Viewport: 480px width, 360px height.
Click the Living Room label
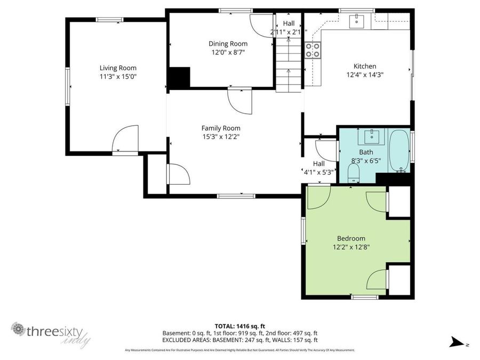(x=118, y=68)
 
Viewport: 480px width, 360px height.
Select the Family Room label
(x=220, y=128)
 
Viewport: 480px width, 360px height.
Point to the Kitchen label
(x=365, y=66)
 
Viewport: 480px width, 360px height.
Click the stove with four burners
(x=313, y=50)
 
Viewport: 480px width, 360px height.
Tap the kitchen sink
(x=356, y=21)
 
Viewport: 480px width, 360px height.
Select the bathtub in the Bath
(x=398, y=151)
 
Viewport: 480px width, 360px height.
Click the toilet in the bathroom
(x=353, y=172)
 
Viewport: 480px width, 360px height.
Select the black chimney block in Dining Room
(x=179, y=77)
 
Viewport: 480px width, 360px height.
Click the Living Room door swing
(x=126, y=140)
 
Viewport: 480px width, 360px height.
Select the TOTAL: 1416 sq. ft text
(x=239, y=325)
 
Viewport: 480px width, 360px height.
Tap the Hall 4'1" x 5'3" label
(x=318, y=168)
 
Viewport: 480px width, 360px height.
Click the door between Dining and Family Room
(x=238, y=100)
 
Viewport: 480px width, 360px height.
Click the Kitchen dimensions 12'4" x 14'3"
(x=365, y=75)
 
